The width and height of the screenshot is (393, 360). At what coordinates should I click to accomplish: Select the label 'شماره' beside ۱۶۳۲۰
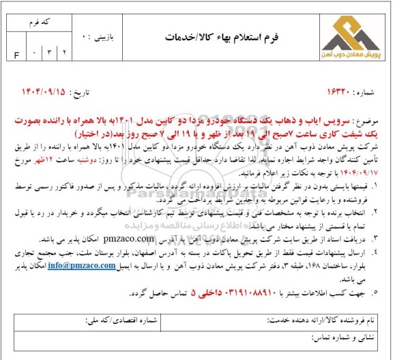[362, 91]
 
